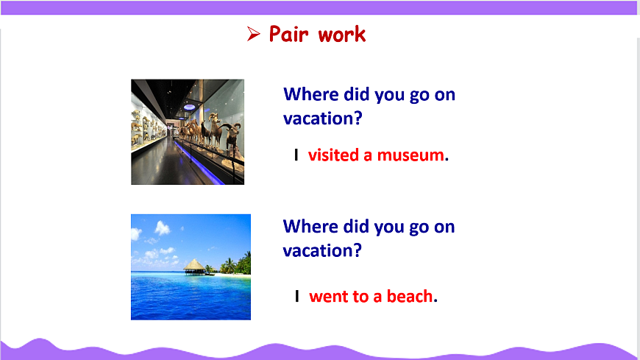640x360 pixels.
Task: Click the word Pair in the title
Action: [288, 34]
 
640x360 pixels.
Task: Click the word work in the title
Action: [342, 34]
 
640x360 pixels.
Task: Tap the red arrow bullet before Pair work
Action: [254, 34]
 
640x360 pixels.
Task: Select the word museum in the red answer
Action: [410, 155]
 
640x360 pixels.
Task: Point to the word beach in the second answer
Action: [410, 296]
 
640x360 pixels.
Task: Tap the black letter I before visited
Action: [296, 155]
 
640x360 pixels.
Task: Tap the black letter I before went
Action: [297, 296]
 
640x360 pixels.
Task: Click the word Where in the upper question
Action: [311, 94]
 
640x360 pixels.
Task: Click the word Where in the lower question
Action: [310, 226]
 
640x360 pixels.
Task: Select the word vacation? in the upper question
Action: [323, 119]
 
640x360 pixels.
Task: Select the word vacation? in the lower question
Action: [322, 250]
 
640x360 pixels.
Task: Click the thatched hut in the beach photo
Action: [194, 267]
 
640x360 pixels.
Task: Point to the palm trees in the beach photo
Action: [237, 264]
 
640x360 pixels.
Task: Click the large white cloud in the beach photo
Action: [162, 228]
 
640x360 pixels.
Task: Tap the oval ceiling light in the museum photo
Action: [189, 107]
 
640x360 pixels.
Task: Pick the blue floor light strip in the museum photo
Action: [199, 163]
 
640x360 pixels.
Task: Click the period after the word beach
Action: [435, 301]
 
